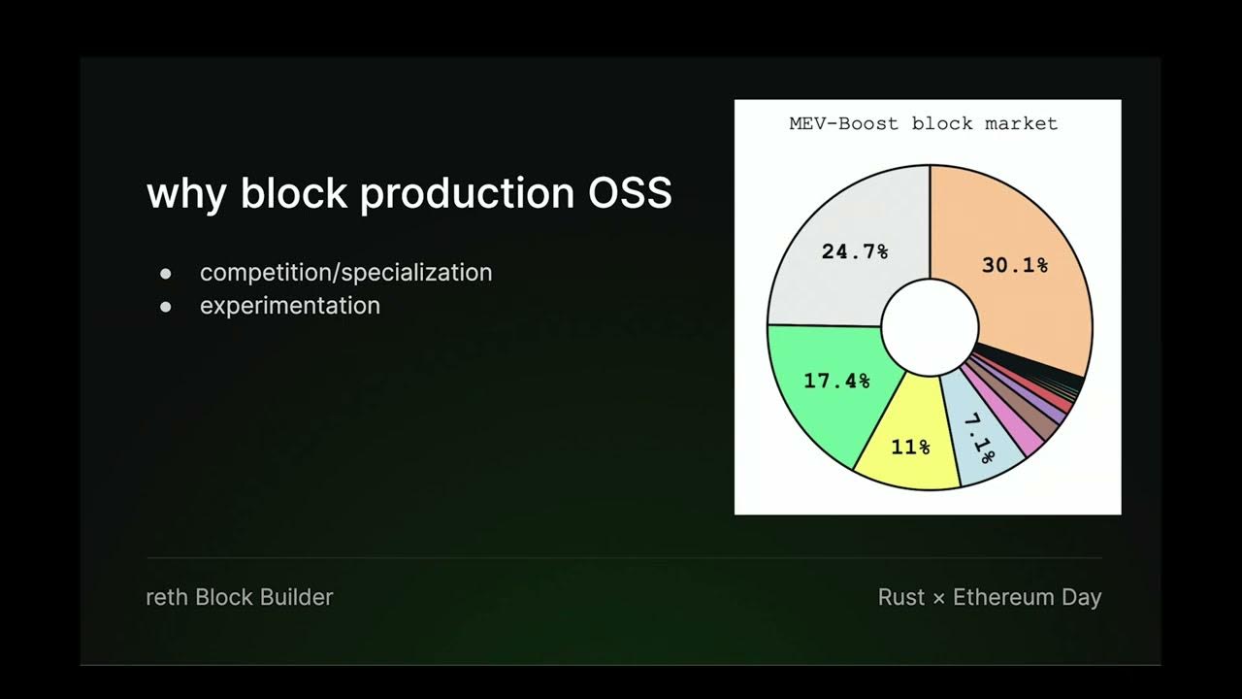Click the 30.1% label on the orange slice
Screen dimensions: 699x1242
1015,265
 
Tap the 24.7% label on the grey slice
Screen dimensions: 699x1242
855,251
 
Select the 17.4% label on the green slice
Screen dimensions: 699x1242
836,381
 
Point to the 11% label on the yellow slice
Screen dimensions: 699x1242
910,448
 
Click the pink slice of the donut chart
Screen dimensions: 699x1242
1025,436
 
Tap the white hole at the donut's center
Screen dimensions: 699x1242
930,326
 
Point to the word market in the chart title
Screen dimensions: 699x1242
1021,123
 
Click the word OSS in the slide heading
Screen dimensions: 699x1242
630,193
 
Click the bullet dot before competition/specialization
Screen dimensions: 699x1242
165,274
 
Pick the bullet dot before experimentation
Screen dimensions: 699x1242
165,307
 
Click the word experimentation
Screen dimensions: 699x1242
289,306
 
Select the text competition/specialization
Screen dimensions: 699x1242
345,273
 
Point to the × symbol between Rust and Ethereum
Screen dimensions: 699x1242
938,598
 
